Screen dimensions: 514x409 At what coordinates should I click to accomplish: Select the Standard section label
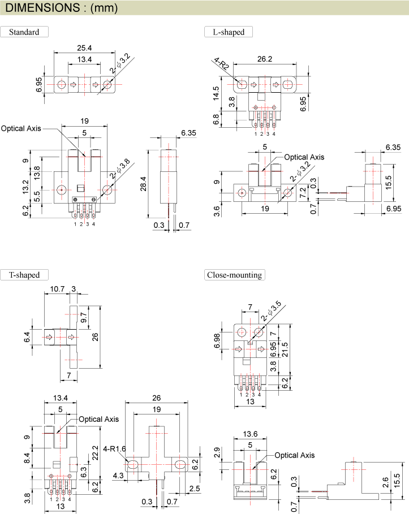[x=24, y=32]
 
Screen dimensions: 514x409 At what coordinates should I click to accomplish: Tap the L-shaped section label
[x=229, y=32]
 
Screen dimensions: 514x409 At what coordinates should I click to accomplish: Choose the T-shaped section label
[x=24, y=275]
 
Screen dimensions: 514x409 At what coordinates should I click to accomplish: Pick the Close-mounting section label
[x=234, y=275]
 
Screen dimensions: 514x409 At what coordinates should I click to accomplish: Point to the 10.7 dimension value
[x=57, y=289]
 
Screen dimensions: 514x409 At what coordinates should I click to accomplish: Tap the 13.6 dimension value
[x=249, y=434]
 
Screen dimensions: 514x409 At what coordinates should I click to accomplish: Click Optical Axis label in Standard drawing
[x=21, y=128]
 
